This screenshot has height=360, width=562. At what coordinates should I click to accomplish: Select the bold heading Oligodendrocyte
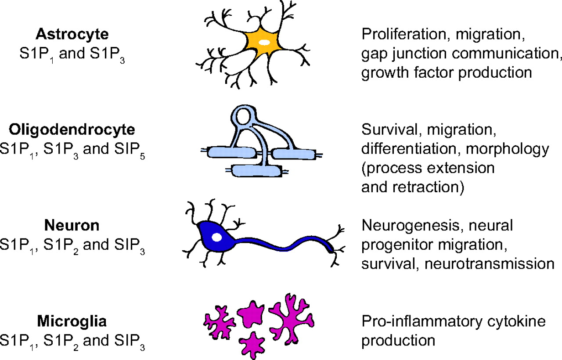[x=72, y=130]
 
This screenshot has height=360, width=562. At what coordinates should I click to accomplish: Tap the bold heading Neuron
[x=72, y=226]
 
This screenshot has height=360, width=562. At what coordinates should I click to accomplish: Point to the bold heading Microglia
[x=72, y=322]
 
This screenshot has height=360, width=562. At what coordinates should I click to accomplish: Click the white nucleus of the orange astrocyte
[x=264, y=43]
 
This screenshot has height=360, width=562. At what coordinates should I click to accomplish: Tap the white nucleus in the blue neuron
[x=217, y=238]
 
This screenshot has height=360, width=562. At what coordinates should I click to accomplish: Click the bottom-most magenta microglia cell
[x=253, y=343]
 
